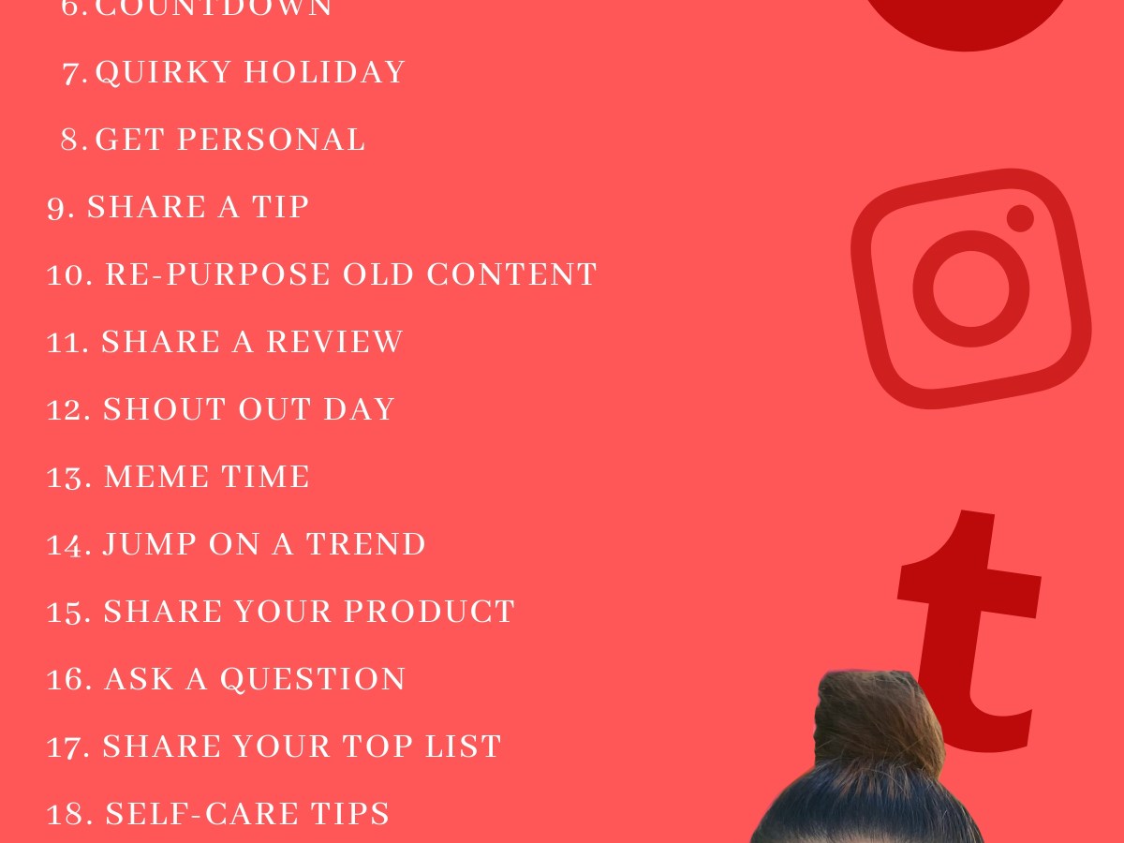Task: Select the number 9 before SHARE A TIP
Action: [60, 208]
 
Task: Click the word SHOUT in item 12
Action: [149, 409]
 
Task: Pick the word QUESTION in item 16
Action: [313, 679]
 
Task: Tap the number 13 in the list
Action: [68, 478]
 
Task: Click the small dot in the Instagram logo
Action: [1020, 218]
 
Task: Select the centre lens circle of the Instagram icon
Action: [970, 288]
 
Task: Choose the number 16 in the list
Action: [68, 680]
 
